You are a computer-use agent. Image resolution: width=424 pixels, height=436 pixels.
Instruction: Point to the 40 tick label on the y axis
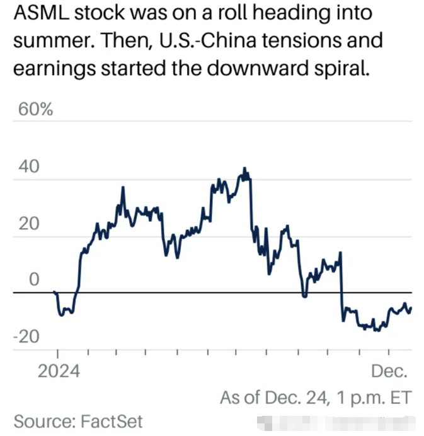click(29, 167)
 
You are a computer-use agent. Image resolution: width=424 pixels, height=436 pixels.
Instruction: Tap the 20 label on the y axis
click(28, 224)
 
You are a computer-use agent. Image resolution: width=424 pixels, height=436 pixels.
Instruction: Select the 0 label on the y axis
click(34, 280)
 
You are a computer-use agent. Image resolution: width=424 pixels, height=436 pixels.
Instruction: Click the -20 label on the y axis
click(26, 336)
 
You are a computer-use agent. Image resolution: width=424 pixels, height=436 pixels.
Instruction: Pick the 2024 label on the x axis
click(58, 370)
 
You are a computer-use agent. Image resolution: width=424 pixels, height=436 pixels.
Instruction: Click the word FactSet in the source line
click(113, 420)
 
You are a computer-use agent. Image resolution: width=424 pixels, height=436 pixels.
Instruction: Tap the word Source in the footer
click(40, 420)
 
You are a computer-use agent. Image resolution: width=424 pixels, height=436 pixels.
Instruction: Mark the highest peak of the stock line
click(244, 169)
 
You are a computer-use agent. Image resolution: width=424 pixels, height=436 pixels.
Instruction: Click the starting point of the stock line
click(55, 292)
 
